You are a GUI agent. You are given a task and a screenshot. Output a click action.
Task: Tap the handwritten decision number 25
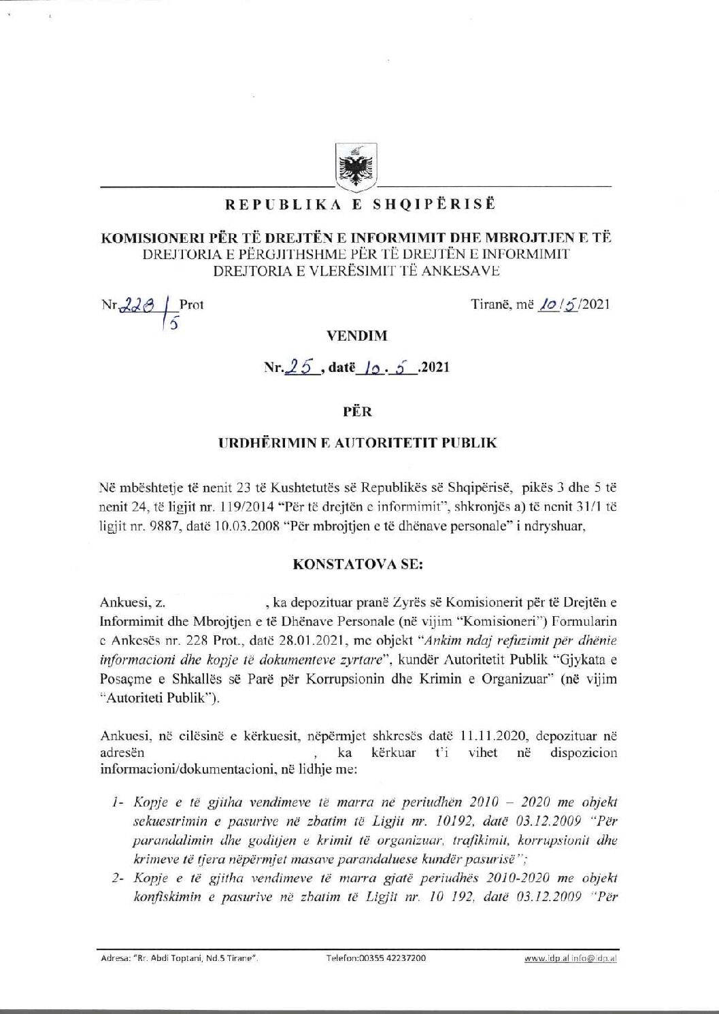303,367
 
